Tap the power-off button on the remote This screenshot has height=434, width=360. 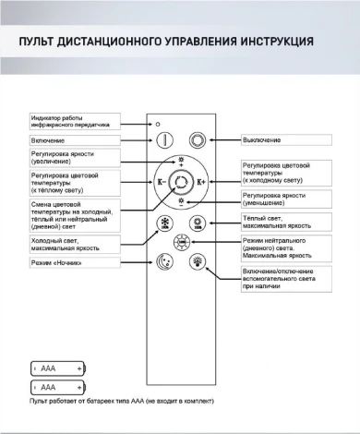(x=197, y=139)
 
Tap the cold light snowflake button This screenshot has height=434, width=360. (x=165, y=224)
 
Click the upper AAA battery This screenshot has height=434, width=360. (x=58, y=368)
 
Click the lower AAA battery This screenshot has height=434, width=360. (x=58, y=387)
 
